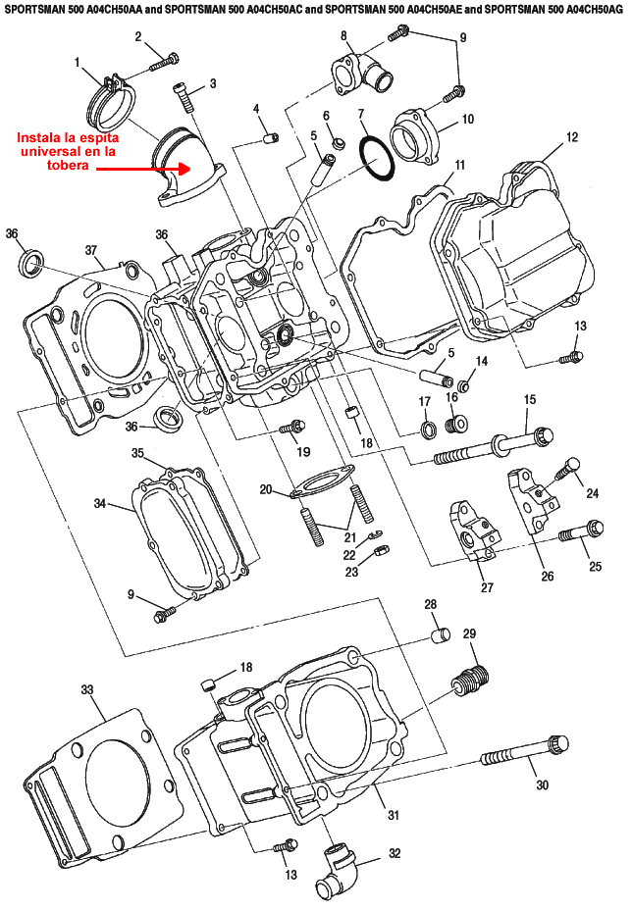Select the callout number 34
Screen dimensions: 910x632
99,503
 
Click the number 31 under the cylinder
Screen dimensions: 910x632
393,815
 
